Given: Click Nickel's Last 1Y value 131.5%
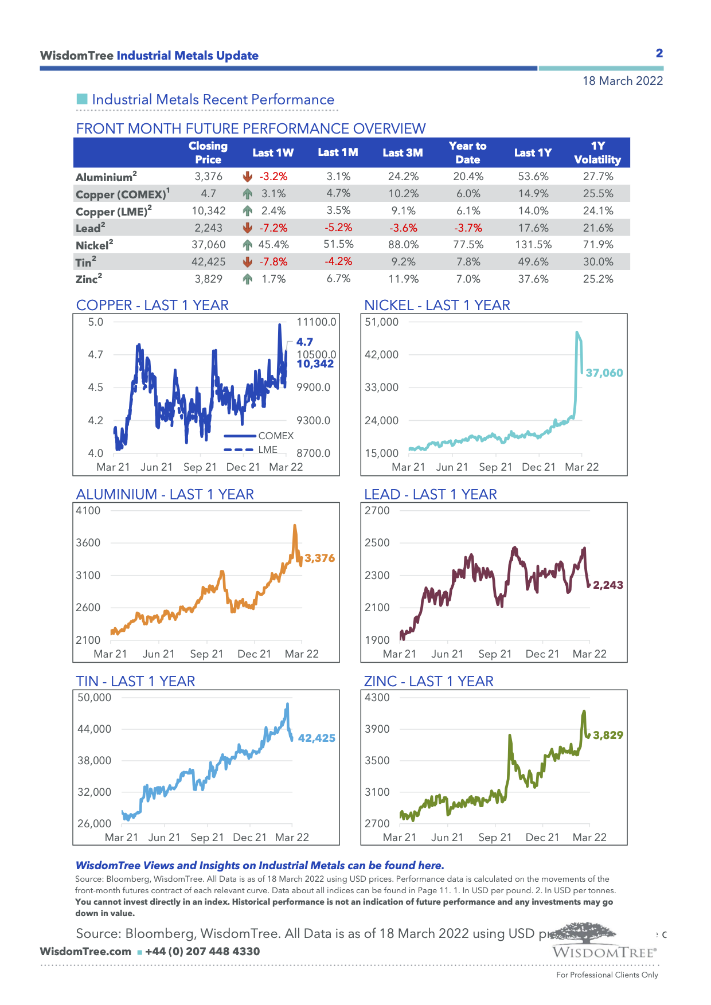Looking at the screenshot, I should click(533, 245).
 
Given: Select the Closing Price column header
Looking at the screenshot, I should click(208, 152).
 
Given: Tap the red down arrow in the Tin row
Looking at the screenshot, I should click(248, 262).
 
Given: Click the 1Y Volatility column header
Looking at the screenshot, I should click(597, 152).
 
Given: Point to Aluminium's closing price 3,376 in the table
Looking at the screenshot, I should click(208, 177).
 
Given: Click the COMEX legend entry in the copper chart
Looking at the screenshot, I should click(275, 436).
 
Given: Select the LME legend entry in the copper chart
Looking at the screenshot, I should click(267, 449).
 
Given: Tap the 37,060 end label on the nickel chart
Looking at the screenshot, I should click(604, 373).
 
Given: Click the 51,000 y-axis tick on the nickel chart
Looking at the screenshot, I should click(381, 322).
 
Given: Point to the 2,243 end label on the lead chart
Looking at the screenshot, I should click(608, 585).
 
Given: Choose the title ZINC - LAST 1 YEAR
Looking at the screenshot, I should click(428, 681).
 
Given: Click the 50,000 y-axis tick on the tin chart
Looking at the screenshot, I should click(95, 698).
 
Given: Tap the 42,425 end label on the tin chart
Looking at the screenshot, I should click(317, 738).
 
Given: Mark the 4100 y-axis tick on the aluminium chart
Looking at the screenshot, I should click(88, 511).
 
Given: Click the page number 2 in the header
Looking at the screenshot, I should click(659, 53).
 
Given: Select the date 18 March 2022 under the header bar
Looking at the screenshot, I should click(623, 81).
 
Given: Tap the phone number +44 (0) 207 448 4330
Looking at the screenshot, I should click(202, 952).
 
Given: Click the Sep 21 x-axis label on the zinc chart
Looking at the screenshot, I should click(495, 838).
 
